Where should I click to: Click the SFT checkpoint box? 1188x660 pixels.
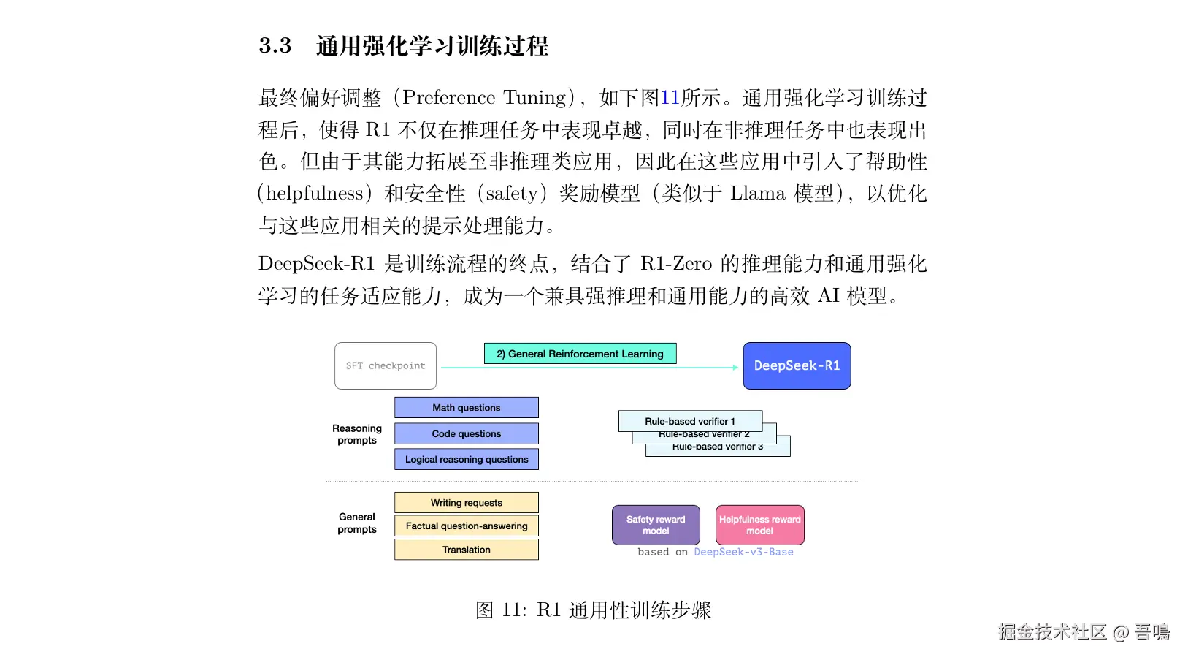386,365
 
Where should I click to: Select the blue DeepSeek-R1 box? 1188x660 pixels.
797,365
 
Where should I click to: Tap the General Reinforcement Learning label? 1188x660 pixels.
580,354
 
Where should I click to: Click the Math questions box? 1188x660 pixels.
466,408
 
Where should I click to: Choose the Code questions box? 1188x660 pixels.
466,433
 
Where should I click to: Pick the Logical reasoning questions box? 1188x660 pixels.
466,459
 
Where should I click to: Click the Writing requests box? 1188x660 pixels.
466,503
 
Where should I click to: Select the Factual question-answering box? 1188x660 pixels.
466,526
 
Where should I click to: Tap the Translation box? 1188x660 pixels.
466,550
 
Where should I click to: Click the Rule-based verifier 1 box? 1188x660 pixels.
690,421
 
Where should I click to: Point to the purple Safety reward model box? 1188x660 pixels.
656,525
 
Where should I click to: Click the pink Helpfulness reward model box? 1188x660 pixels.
759,525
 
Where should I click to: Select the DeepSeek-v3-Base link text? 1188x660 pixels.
743,552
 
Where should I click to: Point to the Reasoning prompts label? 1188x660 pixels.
357,434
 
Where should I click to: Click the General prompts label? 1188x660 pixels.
357,523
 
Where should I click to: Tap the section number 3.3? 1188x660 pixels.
275,46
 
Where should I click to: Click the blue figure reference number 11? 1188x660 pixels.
670,98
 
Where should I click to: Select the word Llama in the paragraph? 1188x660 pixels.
758,194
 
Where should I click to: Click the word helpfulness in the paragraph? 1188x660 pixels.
315,194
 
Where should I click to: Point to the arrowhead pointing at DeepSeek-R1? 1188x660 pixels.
735,367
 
